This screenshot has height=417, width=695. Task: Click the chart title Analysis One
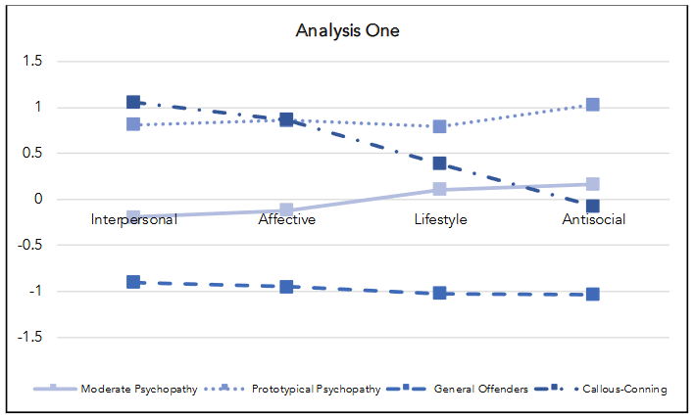(x=347, y=30)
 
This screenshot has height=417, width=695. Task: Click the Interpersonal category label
(x=133, y=219)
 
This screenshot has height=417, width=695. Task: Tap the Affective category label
(x=286, y=219)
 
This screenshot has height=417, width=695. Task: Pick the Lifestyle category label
(x=439, y=219)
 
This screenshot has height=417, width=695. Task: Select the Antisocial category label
(x=593, y=219)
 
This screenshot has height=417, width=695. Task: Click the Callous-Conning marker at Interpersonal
(x=133, y=103)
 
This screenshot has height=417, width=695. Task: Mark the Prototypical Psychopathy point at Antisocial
(x=593, y=105)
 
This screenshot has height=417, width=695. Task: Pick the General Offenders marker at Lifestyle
(x=440, y=293)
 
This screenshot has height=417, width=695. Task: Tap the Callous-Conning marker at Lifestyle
(x=440, y=163)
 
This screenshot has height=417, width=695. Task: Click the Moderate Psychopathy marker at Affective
(x=286, y=210)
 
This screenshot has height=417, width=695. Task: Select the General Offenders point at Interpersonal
(x=133, y=282)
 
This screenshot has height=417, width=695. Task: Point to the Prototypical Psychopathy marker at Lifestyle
(x=440, y=127)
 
